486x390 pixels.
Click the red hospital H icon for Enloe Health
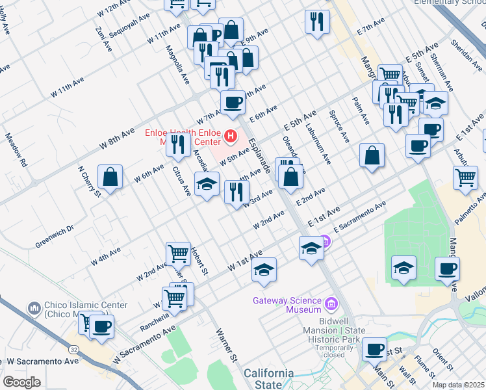230,136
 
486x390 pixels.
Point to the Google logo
21,382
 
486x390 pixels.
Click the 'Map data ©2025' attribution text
458,385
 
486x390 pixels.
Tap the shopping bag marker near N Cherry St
110,177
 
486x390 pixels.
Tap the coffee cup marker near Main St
374,350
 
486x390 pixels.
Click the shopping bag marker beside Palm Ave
372,155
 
